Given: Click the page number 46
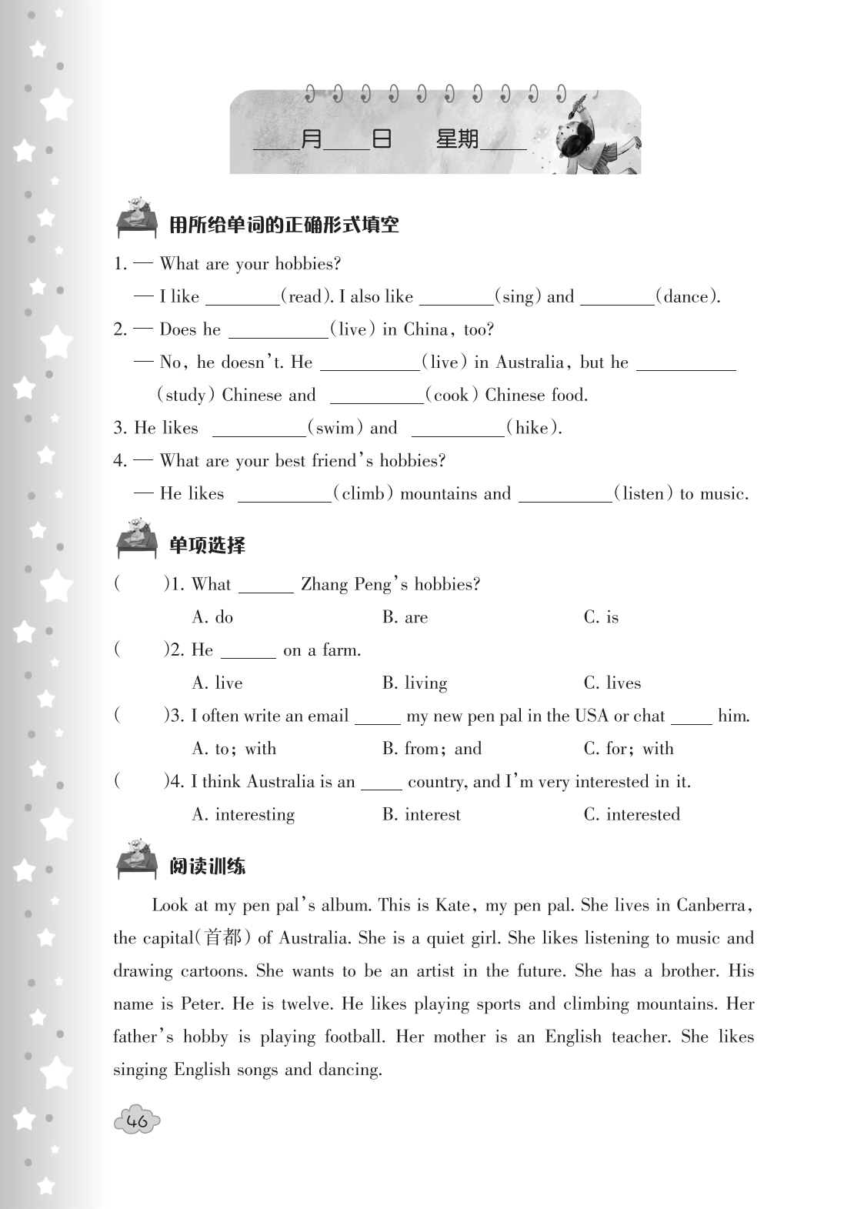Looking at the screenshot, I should coord(137,1121).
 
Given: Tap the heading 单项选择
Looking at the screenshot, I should coord(207,546).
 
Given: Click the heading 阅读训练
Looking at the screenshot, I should coord(207,867).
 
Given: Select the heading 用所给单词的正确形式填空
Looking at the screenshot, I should coord(284,225).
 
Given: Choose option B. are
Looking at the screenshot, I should coord(405,617).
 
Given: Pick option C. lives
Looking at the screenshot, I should coord(612,683).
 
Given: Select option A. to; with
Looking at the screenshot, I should coord(234,749).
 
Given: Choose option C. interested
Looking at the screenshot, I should coord(632,814).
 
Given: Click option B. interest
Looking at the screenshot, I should coord(421,814).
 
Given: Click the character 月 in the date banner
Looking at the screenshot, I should coord(311,139).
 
